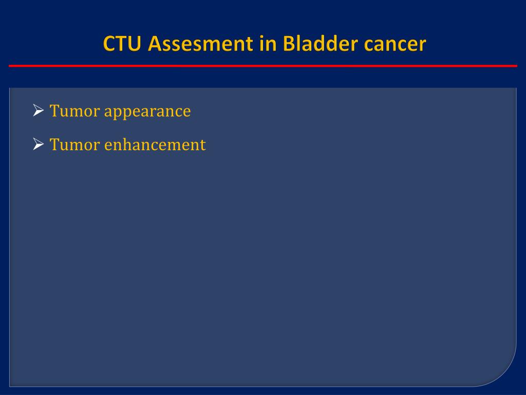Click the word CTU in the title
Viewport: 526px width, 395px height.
[122, 44]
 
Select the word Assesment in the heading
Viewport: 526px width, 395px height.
[200, 44]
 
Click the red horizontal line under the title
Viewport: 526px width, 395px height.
[263, 66]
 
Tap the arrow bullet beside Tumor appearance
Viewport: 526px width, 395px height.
[39, 110]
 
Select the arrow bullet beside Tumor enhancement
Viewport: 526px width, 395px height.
[39, 144]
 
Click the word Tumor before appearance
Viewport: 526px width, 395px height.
[75, 111]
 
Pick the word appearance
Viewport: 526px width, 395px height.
[147, 112]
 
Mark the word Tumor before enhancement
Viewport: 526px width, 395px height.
[75, 145]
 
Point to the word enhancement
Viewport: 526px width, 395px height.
[155, 145]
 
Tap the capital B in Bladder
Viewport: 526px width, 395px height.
[289, 44]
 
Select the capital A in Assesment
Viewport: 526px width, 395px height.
[156, 44]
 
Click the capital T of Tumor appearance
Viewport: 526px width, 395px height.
[54, 111]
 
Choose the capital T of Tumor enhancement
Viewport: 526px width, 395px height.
[54, 145]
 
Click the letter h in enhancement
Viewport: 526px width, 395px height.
[128, 144]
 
